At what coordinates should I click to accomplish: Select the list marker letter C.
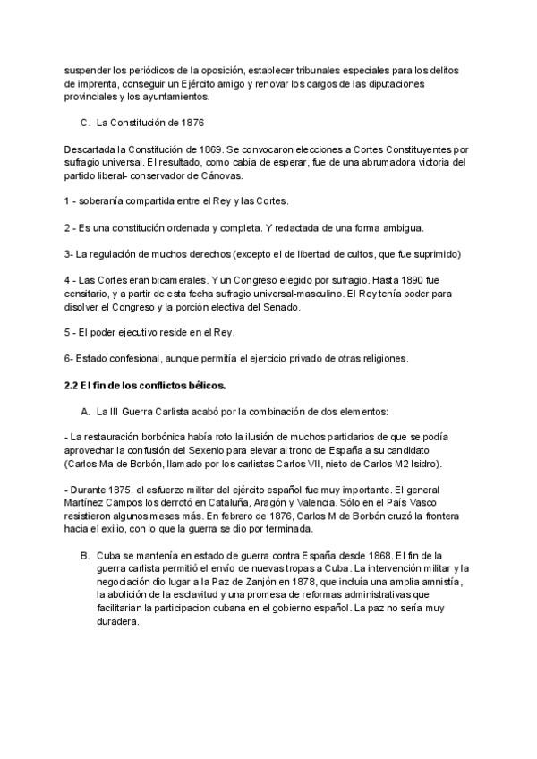pyautogui.click(x=84, y=122)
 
